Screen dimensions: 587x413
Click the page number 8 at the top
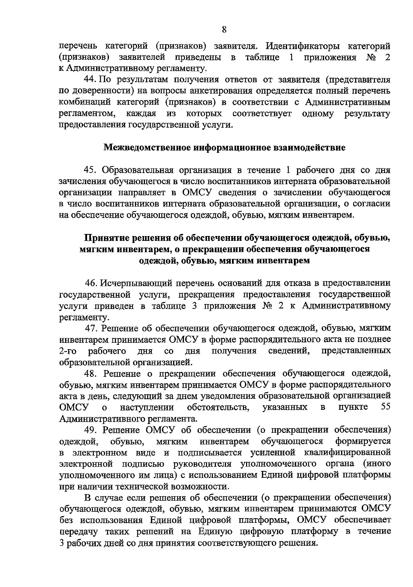[224, 30]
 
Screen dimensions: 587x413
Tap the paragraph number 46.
[92, 283]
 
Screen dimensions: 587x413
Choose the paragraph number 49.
[92, 430]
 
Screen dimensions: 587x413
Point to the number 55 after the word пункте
[386, 407]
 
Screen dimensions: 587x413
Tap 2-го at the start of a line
[68, 351]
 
